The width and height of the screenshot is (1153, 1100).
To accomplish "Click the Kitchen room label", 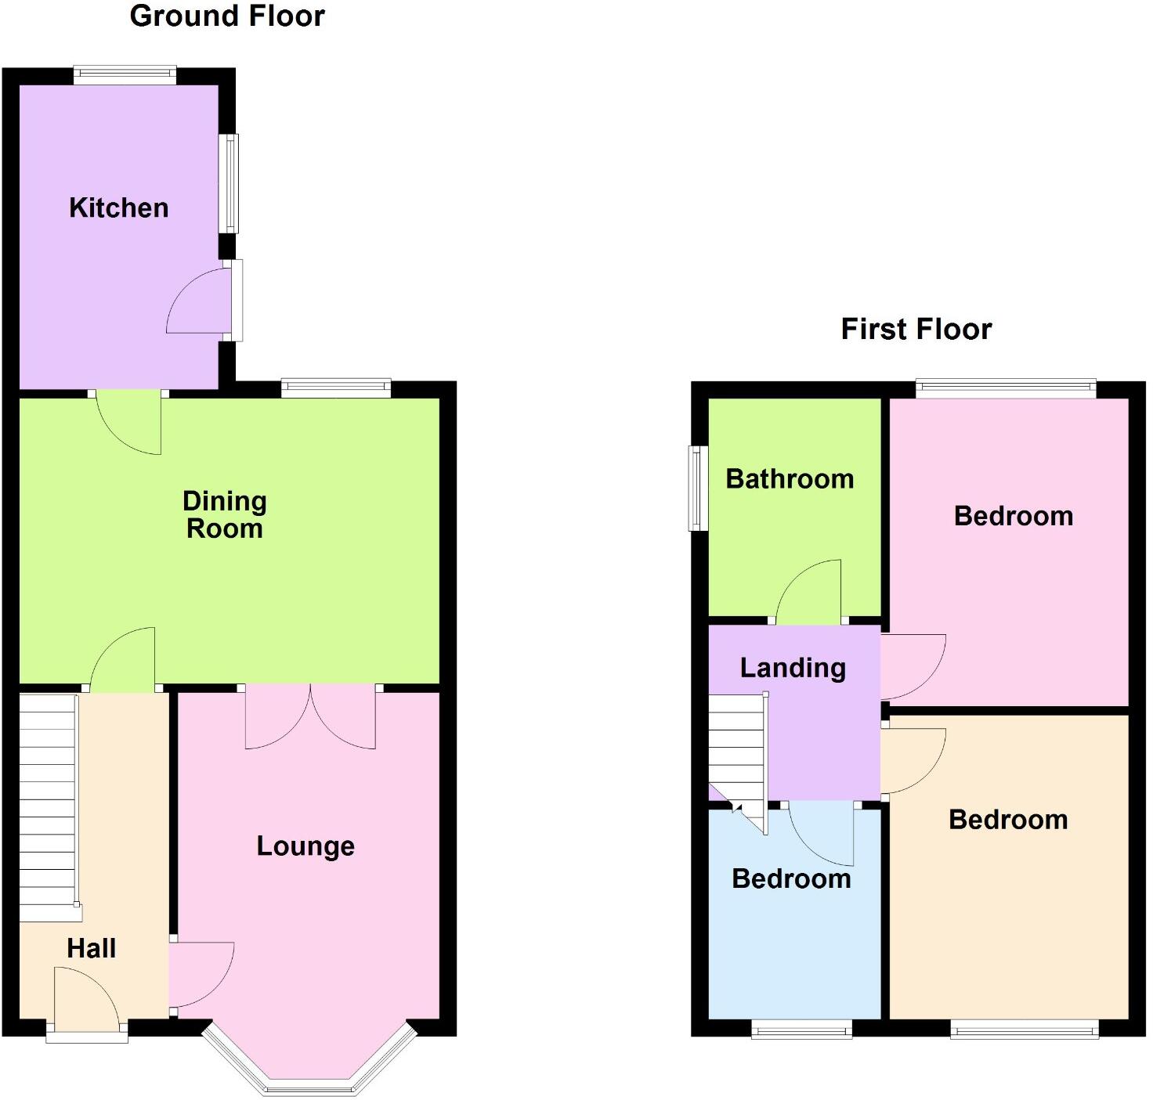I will (x=118, y=207).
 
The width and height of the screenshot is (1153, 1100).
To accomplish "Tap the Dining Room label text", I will (x=224, y=514).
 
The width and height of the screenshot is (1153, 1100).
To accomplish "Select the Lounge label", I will (x=305, y=846).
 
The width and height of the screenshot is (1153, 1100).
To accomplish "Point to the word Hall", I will (x=92, y=948).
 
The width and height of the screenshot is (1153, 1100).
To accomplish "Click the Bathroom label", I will (x=790, y=478).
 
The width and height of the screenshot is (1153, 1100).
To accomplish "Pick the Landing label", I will (x=793, y=668).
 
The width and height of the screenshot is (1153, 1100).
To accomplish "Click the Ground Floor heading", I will (x=227, y=16).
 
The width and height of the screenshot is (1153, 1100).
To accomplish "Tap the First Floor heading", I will (x=916, y=329).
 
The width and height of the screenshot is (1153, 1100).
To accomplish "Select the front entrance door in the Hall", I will (x=86, y=1002).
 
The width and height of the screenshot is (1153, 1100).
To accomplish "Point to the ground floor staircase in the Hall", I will (x=48, y=806).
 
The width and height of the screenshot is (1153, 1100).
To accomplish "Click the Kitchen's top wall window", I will (x=125, y=74).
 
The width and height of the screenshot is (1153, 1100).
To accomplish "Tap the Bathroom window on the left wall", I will (x=696, y=488).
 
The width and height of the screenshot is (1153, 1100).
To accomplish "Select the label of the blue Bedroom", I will (x=791, y=878).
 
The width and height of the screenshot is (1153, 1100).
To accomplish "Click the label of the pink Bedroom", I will (x=1013, y=516).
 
